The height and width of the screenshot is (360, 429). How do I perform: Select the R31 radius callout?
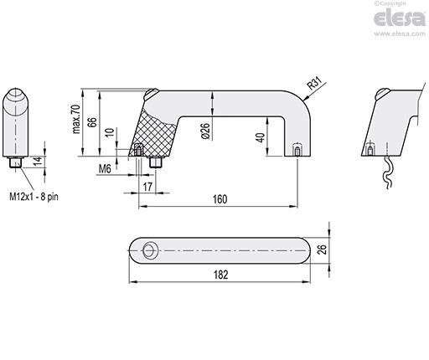(313, 84)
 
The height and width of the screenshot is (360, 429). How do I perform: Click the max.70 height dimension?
(75, 121)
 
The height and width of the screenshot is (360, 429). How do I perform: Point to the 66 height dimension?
(93, 122)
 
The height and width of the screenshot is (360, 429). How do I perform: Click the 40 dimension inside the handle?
(261, 138)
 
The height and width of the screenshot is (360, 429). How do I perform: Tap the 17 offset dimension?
(147, 186)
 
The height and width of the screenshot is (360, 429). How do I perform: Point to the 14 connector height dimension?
(36, 162)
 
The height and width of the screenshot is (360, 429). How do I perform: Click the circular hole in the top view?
(150, 249)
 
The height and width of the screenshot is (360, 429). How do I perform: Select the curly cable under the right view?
(385, 174)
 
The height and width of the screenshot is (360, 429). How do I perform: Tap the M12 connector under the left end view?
(18, 162)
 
